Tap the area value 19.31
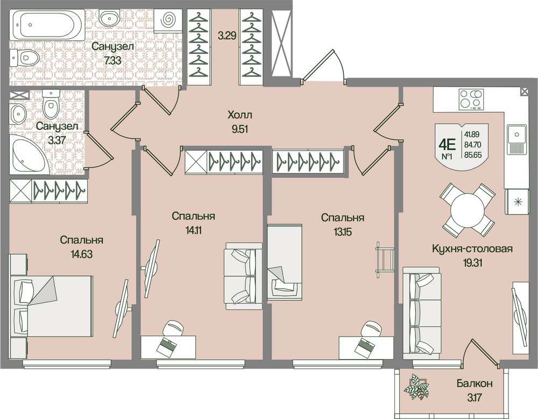click(472, 262)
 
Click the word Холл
click(239, 115)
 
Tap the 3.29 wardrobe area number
click(226, 37)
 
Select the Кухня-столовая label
click(472, 249)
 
